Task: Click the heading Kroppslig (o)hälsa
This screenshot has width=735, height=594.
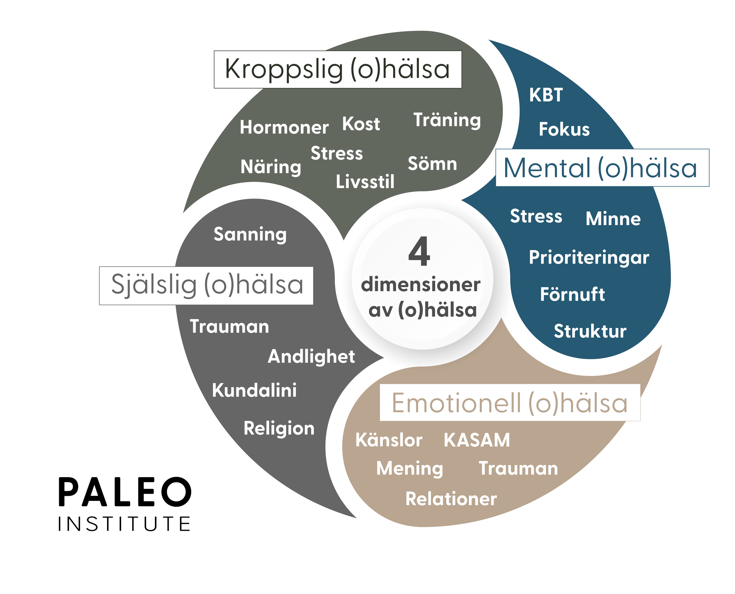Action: coord(337,69)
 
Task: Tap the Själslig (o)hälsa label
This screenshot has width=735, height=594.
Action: coord(207,285)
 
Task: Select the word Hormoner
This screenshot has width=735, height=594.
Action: coord(284,127)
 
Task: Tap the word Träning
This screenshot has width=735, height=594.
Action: coord(447,120)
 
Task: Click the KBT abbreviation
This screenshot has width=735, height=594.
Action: coord(546,95)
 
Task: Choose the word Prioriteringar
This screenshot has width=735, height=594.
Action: coord(589,257)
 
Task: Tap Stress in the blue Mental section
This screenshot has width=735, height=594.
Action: coord(536,216)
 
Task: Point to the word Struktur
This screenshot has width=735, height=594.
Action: coord(590,331)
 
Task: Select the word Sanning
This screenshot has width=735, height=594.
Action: coord(250,234)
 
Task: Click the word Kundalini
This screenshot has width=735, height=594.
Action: coord(254,390)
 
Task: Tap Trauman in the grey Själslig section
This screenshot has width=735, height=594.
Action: coord(229,326)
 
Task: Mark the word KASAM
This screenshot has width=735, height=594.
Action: coord(477,440)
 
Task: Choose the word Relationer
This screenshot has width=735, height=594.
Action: coord(451,499)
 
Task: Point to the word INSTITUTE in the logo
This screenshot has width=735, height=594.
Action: coord(124,524)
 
